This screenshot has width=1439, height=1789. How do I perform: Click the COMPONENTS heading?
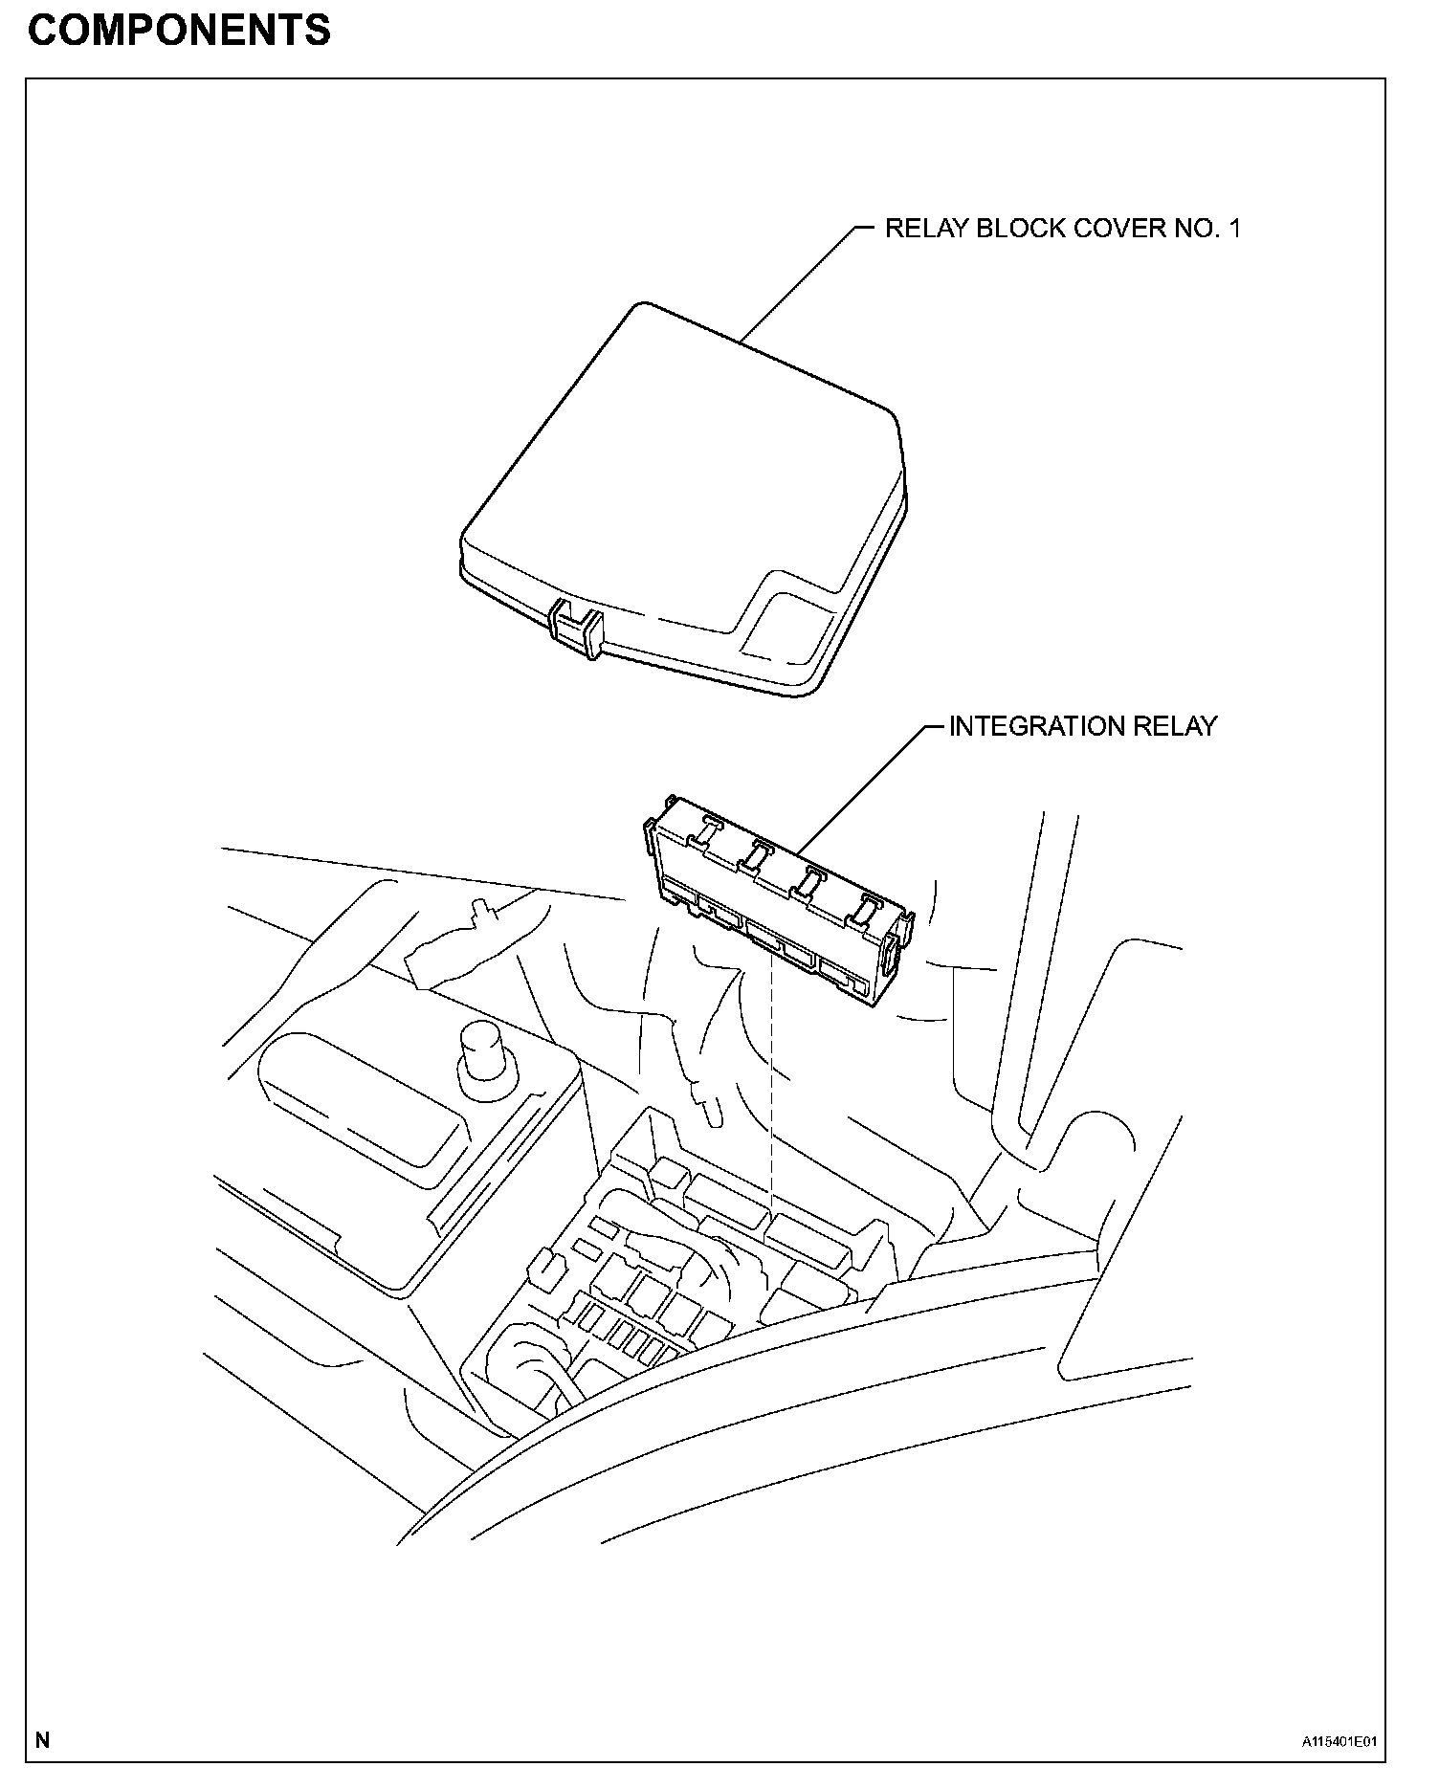pos(179,31)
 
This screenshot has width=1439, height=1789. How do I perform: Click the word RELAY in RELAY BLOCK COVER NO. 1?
pos(926,229)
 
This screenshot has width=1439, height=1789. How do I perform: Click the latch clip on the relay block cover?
pos(578,630)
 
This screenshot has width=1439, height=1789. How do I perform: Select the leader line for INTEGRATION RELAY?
pos(861,784)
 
